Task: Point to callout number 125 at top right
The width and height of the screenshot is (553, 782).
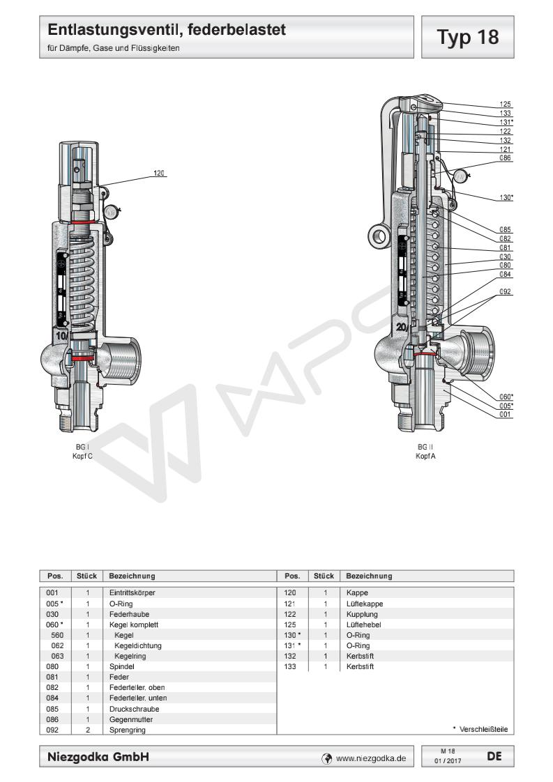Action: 506,104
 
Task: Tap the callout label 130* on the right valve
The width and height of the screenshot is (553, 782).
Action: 506,197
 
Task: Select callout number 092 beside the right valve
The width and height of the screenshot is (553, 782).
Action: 506,291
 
